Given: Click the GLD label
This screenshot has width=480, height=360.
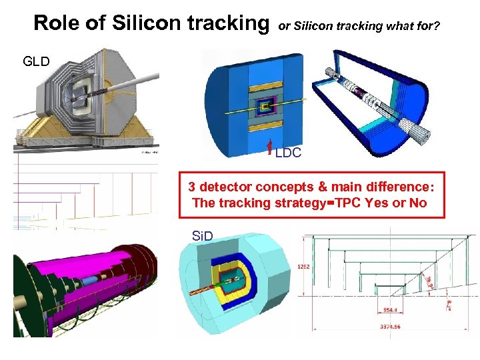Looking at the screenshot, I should click(37, 62).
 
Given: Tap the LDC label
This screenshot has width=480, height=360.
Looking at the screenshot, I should click(288, 153).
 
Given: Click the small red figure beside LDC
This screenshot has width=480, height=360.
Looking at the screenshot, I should click(269, 148).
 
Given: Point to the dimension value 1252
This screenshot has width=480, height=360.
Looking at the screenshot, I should click(304, 266).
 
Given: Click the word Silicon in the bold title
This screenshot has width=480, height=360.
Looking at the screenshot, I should click(145, 23).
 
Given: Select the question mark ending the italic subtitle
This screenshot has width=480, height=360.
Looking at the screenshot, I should click(437, 26).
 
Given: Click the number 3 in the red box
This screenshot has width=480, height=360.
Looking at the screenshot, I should click(192, 186).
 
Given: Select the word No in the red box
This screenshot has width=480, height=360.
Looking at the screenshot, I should click(418, 203).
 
